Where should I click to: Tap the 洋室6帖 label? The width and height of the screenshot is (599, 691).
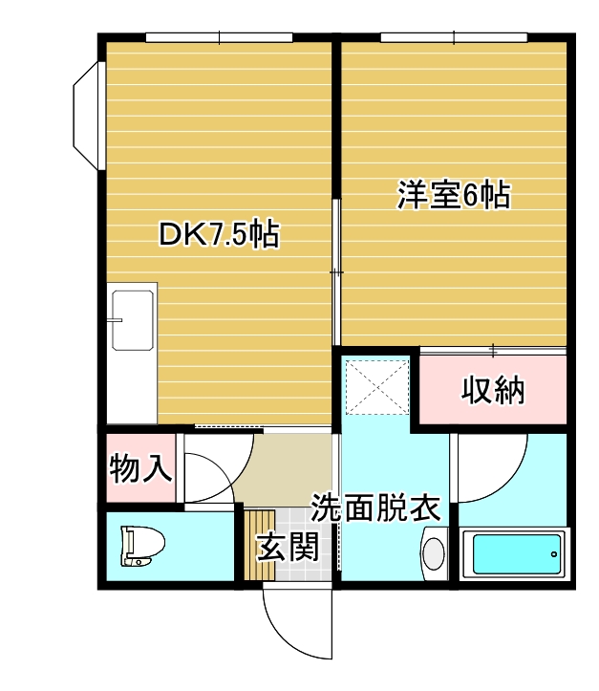[x=454, y=194]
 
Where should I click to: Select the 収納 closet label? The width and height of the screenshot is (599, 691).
[x=493, y=390]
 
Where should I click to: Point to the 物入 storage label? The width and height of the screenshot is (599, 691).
[x=140, y=468]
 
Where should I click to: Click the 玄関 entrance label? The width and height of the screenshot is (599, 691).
[x=289, y=547]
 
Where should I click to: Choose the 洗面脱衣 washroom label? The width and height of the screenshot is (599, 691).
[x=375, y=507]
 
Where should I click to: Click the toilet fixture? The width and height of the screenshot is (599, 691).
[x=142, y=546]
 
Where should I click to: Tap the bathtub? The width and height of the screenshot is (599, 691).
[x=515, y=554]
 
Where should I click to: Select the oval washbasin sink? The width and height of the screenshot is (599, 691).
[x=434, y=554]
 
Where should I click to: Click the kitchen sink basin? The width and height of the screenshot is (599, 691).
[x=133, y=320]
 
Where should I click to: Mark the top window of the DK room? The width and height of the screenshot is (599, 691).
[x=220, y=37]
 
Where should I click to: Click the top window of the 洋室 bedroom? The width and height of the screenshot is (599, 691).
[x=454, y=37]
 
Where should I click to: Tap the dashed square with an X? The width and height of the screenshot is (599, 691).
[x=377, y=387]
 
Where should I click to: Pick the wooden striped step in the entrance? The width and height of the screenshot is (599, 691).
[x=260, y=545]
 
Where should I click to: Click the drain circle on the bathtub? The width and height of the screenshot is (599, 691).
[x=554, y=554]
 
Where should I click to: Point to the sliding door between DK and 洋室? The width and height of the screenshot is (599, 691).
[x=336, y=271]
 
